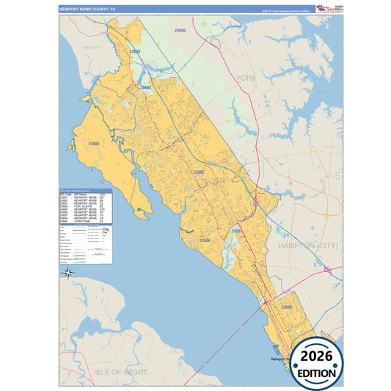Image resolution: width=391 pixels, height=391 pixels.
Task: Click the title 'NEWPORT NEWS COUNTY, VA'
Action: point(89,10)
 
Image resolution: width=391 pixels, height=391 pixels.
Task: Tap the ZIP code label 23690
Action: point(180,31)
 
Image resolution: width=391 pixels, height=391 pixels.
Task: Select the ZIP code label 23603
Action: point(135,51)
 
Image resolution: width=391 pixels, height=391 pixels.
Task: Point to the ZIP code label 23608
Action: point(145,87)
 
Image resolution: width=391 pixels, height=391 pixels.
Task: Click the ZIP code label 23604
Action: point(94,144)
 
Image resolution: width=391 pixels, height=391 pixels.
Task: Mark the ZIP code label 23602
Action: point(198,172)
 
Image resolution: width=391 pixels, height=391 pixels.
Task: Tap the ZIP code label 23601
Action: point(237,230)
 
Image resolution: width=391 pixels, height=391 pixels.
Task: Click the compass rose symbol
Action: point(68,273)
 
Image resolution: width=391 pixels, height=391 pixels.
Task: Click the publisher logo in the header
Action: point(326,9)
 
